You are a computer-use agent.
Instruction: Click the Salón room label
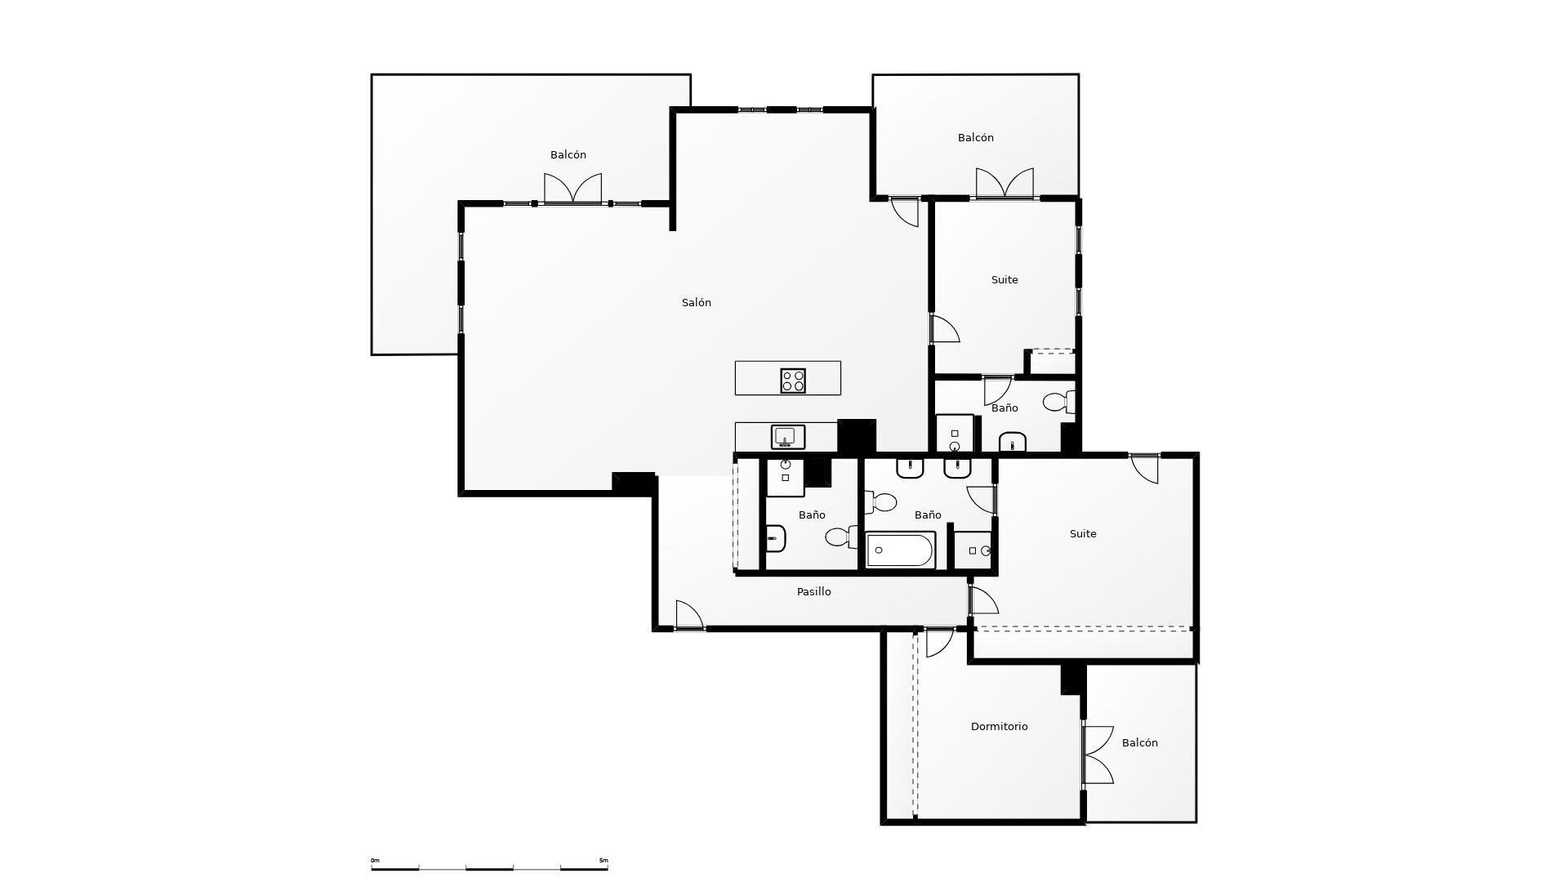(697, 302)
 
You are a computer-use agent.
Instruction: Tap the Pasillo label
(814, 591)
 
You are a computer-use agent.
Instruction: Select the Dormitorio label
(999, 726)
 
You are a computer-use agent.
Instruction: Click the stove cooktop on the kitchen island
(793, 381)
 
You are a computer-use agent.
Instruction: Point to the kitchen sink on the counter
(788, 437)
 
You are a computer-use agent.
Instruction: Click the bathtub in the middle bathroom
(900, 550)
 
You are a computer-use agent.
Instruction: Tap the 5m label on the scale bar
(604, 860)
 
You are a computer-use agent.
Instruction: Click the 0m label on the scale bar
(375, 860)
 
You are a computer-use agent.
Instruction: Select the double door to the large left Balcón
(572, 189)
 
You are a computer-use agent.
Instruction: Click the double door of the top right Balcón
(1004, 183)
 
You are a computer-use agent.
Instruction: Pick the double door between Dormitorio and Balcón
(1098, 755)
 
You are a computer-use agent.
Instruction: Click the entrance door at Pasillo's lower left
(689, 615)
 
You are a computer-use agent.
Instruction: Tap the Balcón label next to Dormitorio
(1139, 742)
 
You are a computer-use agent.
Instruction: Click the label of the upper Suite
(1004, 279)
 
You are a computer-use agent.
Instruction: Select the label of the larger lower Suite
(1083, 533)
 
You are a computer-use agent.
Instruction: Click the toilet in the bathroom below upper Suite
(1058, 402)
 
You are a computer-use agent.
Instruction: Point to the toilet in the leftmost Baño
(841, 537)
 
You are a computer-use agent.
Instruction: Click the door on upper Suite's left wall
(945, 328)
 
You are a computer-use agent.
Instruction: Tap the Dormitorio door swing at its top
(939, 642)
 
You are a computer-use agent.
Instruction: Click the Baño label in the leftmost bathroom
(812, 514)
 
